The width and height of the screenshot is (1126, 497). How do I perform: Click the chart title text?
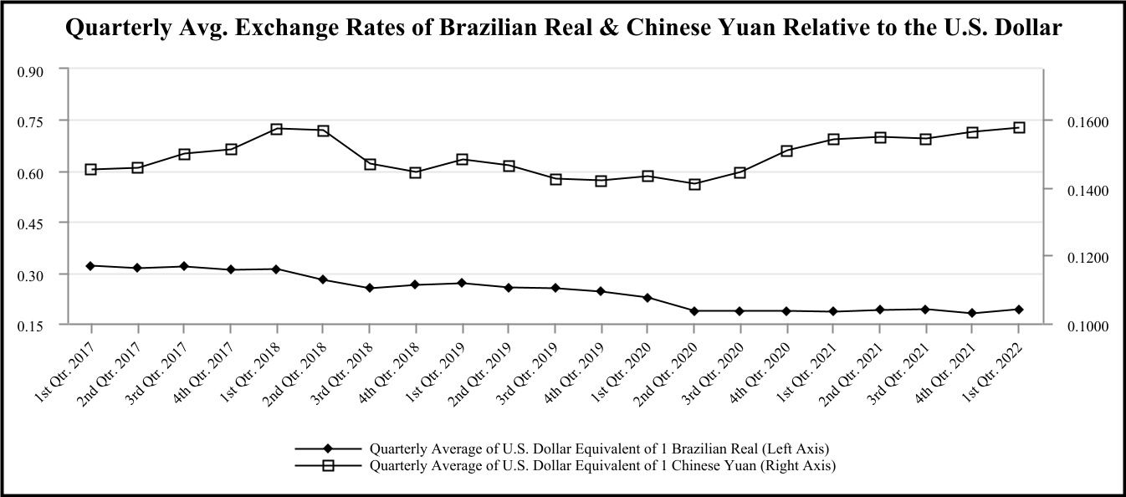pyautogui.click(x=563, y=28)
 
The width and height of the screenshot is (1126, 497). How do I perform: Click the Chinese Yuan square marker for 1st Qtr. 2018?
pyautogui.click(x=276, y=129)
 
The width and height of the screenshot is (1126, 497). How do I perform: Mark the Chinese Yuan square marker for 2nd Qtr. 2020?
pyautogui.click(x=694, y=184)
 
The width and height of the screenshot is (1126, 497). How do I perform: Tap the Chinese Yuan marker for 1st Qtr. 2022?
pyautogui.click(x=1019, y=127)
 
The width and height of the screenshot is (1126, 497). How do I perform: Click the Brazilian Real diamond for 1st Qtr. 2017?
pyautogui.click(x=90, y=266)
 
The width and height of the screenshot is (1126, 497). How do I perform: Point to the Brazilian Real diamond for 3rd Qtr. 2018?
pyautogui.click(x=369, y=288)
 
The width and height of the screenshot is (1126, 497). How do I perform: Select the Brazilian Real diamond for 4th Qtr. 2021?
pyautogui.click(x=972, y=313)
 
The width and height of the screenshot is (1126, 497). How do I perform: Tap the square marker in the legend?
pyautogui.click(x=329, y=464)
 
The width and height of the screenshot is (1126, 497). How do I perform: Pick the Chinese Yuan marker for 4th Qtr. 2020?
pyautogui.click(x=786, y=151)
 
